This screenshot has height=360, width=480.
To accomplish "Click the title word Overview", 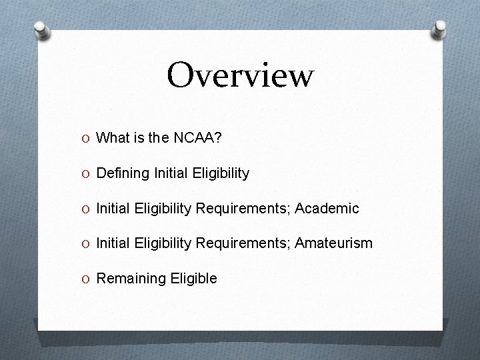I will [x=240, y=75].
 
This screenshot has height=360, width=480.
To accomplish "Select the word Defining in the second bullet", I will [x=123, y=173].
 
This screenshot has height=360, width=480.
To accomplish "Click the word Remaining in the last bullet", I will [x=127, y=279].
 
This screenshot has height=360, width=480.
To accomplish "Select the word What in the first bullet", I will [x=111, y=138].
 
